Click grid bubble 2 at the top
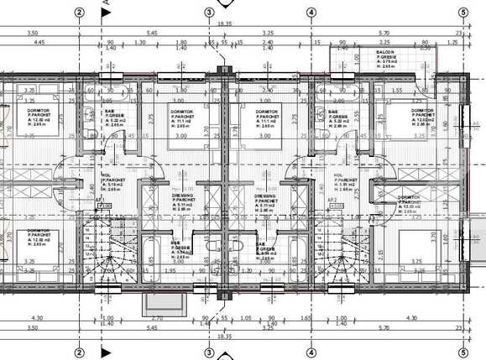pyautogui.click(x=79, y=12)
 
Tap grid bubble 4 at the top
pyautogui.click(x=311, y=12)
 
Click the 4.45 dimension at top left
pyautogui.click(x=39, y=41)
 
